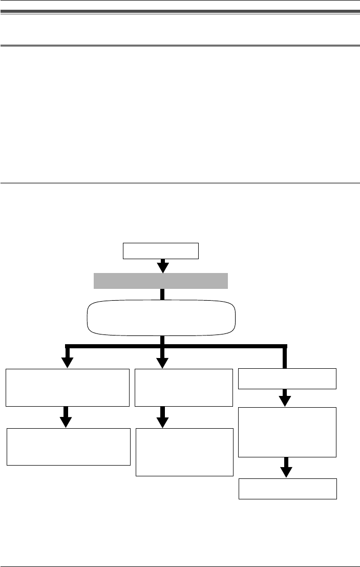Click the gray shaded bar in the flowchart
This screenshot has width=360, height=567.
(160, 281)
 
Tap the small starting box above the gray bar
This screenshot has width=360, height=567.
(160, 251)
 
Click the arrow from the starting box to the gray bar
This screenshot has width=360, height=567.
(162, 266)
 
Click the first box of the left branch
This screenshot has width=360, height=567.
(67, 387)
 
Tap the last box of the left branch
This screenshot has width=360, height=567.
(68, 447)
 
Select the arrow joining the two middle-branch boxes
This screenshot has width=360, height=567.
(162, 417)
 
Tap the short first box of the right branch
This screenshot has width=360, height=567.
(288, 379)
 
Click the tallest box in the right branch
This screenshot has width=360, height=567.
(287, 432)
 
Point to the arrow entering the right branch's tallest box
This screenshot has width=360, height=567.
(287, 398)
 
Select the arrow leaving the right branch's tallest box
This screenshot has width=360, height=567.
(287, 467)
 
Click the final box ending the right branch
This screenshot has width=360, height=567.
(288, 489)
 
